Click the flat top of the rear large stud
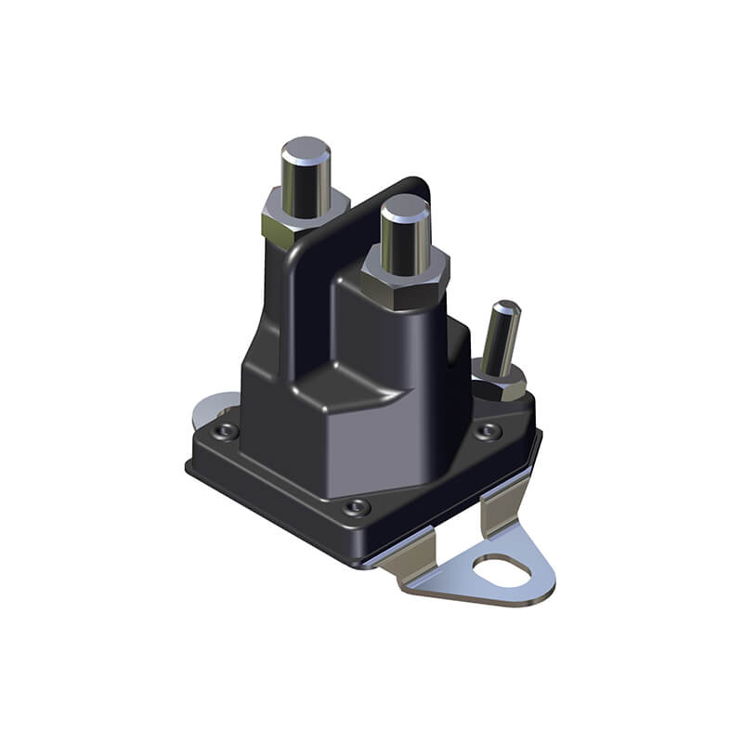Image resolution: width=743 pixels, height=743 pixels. point(306,148)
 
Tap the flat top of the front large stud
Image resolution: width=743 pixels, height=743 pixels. point(405,206)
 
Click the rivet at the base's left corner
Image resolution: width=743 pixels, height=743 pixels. point(224,431)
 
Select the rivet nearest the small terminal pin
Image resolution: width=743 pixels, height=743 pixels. point(489,431)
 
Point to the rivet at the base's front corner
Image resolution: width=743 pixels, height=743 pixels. point(356,507)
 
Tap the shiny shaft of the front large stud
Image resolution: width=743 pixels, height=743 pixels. point(405,237)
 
